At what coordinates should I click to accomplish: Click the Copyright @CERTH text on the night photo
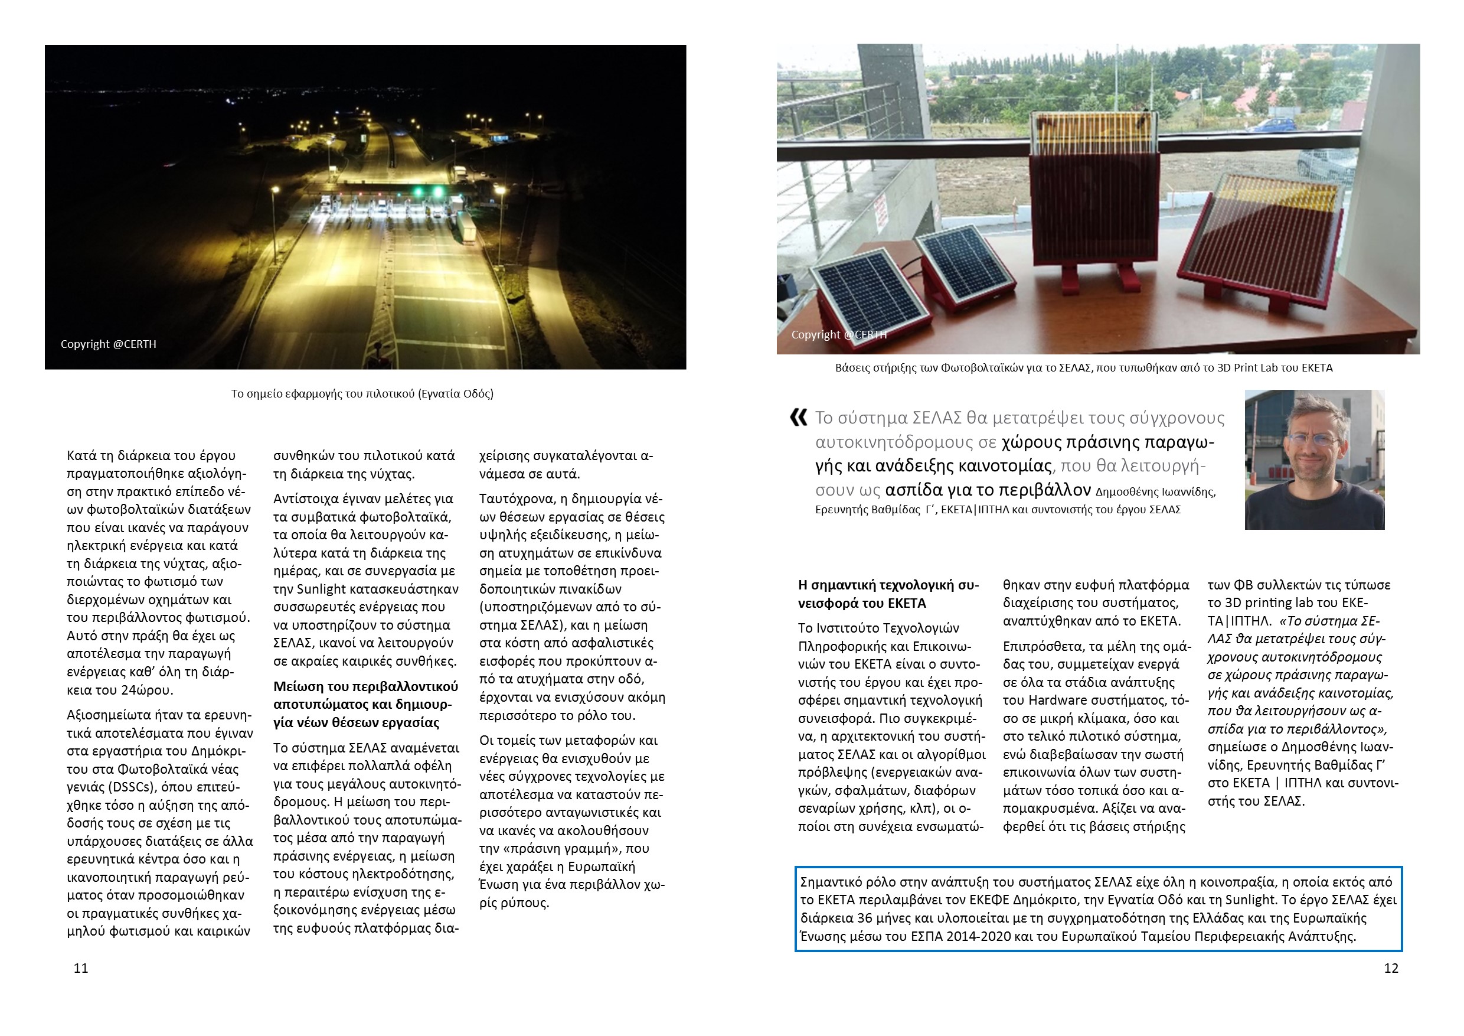pyautogui.click(x=109, y=344)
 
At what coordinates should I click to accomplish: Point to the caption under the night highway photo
pyautogui.click(x=362, y=393)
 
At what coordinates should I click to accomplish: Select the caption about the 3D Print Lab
pyautogui.click(x=1083, y=367)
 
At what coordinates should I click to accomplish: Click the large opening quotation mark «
pyautogui.click(x=798, y=418)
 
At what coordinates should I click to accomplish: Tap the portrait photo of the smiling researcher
pyautogui.click(x=1314, y=460)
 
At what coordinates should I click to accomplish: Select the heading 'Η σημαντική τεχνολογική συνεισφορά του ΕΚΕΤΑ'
pyautogui.click(x=888, y=594)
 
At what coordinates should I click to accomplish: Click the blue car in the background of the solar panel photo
pyautogui.click(x=1275, y=125)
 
